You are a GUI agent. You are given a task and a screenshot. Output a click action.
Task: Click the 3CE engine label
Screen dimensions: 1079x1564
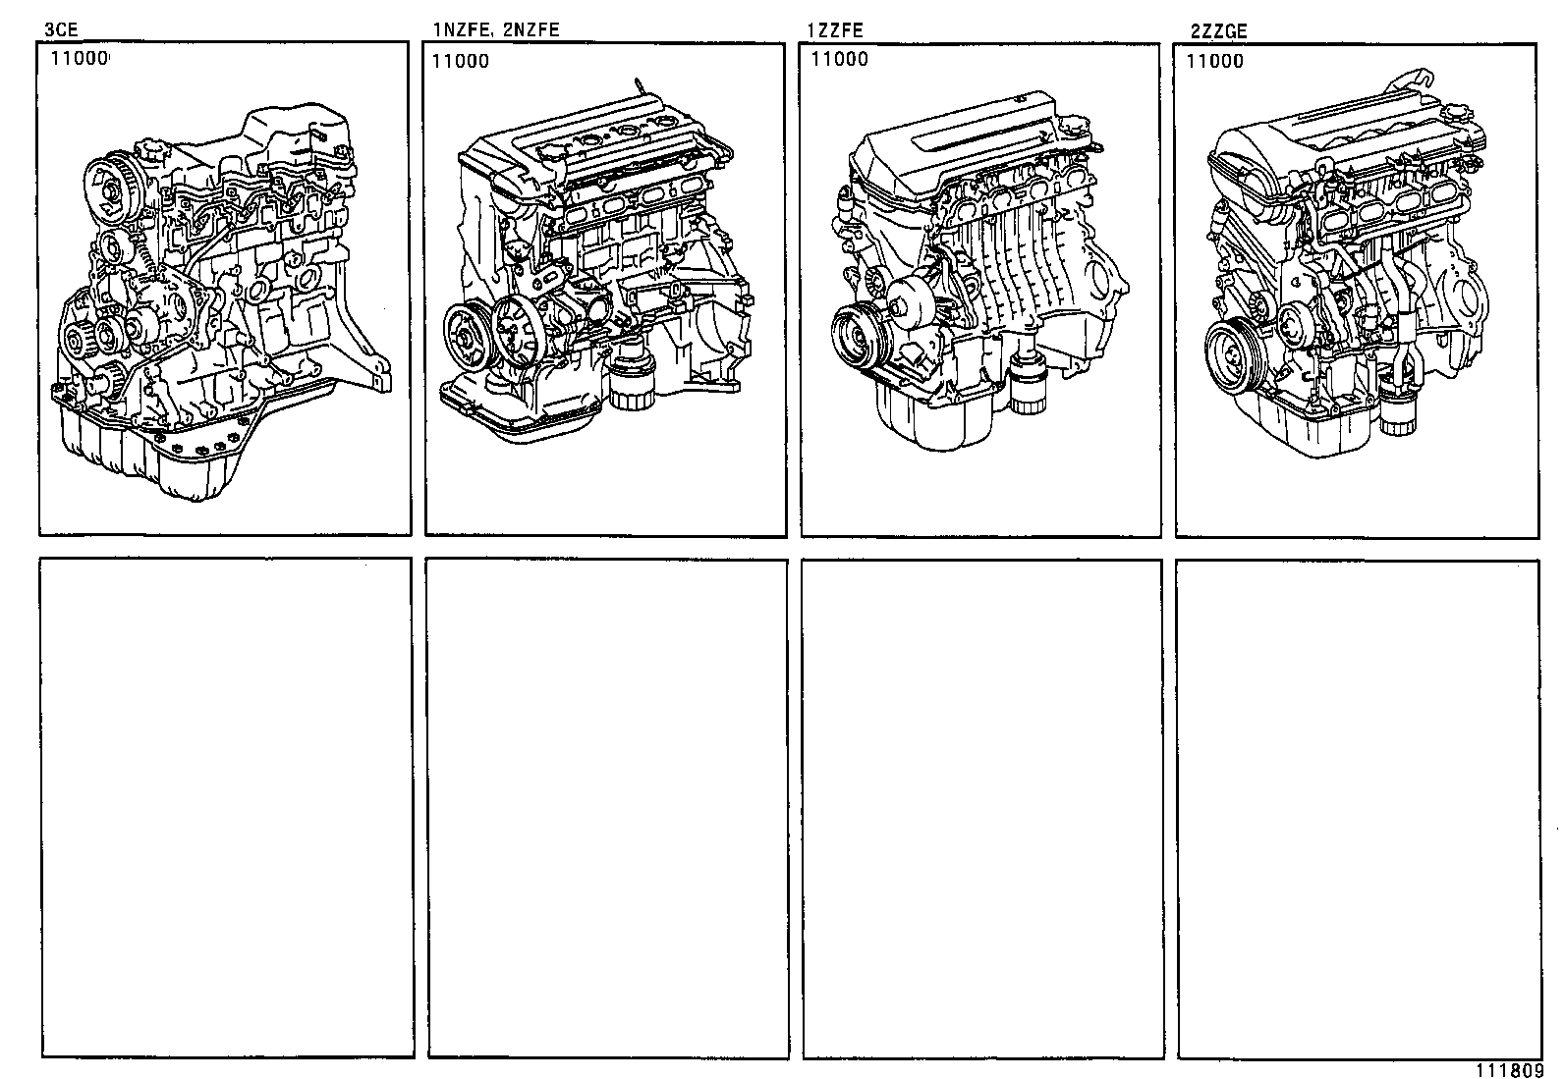(61, 30)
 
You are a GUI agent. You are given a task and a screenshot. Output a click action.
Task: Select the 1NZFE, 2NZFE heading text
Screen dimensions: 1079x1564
(496, 30)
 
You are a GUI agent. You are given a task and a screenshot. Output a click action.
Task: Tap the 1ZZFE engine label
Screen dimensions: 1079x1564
(834, 30)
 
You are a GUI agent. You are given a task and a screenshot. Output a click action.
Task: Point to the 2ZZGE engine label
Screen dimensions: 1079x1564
(1218, 31)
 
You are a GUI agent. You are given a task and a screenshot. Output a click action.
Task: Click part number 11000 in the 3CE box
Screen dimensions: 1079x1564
(78, 58)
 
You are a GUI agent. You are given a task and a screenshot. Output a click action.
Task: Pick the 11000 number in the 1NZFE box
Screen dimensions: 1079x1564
(460, 61)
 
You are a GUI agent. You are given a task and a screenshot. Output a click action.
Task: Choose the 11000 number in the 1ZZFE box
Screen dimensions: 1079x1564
(839, 59)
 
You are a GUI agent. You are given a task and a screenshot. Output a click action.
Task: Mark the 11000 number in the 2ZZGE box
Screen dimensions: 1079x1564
(1214, 61)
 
